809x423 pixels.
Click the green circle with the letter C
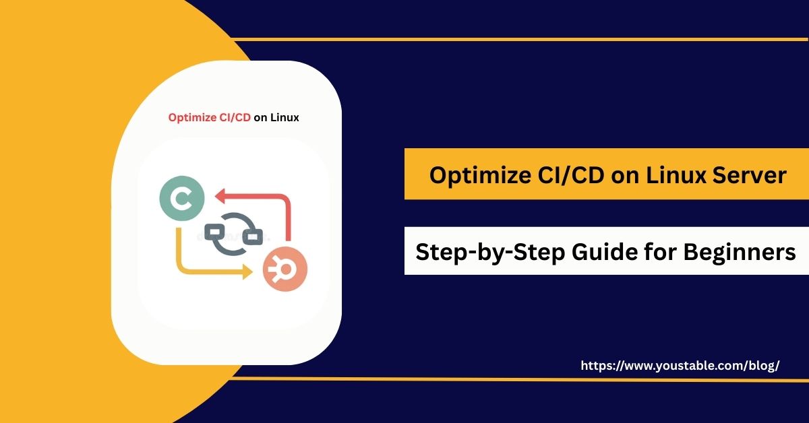(182, 198)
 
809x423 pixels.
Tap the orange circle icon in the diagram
(285, 269)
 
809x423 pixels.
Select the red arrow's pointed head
(220, 197)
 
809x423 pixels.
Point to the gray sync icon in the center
(234, 234)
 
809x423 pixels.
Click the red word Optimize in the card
(192, 118)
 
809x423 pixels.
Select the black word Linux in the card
(284, 118)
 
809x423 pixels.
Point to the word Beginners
(740, 253)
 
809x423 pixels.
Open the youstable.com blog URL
(680, 366)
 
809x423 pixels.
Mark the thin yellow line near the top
(519, 39)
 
